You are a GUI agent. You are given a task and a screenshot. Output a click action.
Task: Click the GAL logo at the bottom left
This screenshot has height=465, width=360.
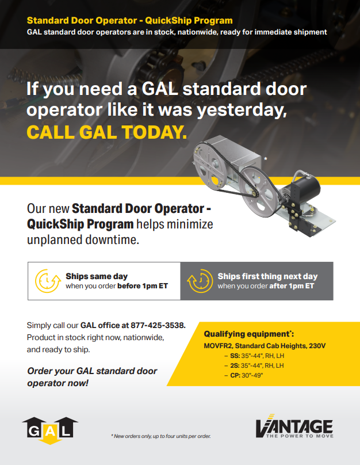[50, 429]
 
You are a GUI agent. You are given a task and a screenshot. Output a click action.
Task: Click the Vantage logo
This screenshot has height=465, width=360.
[294, 426]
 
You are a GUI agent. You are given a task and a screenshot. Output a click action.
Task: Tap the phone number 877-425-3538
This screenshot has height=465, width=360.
[158, 325]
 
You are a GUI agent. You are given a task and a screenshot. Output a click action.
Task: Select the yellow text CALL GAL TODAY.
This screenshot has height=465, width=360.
[107, 131]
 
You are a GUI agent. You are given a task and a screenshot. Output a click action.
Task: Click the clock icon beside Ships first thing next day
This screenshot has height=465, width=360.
[198, 281]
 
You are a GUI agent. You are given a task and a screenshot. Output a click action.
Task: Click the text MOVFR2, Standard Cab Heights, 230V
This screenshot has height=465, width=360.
[265, 345]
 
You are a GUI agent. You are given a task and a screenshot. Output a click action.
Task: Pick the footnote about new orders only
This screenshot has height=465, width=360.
[161, 436]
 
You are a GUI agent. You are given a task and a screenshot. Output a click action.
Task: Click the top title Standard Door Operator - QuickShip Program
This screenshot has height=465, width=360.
[129, 21]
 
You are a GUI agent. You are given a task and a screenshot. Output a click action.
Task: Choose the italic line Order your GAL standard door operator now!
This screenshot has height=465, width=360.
[92, 376]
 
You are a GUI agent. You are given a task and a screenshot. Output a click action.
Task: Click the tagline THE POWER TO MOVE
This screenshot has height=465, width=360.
[299, 436]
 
